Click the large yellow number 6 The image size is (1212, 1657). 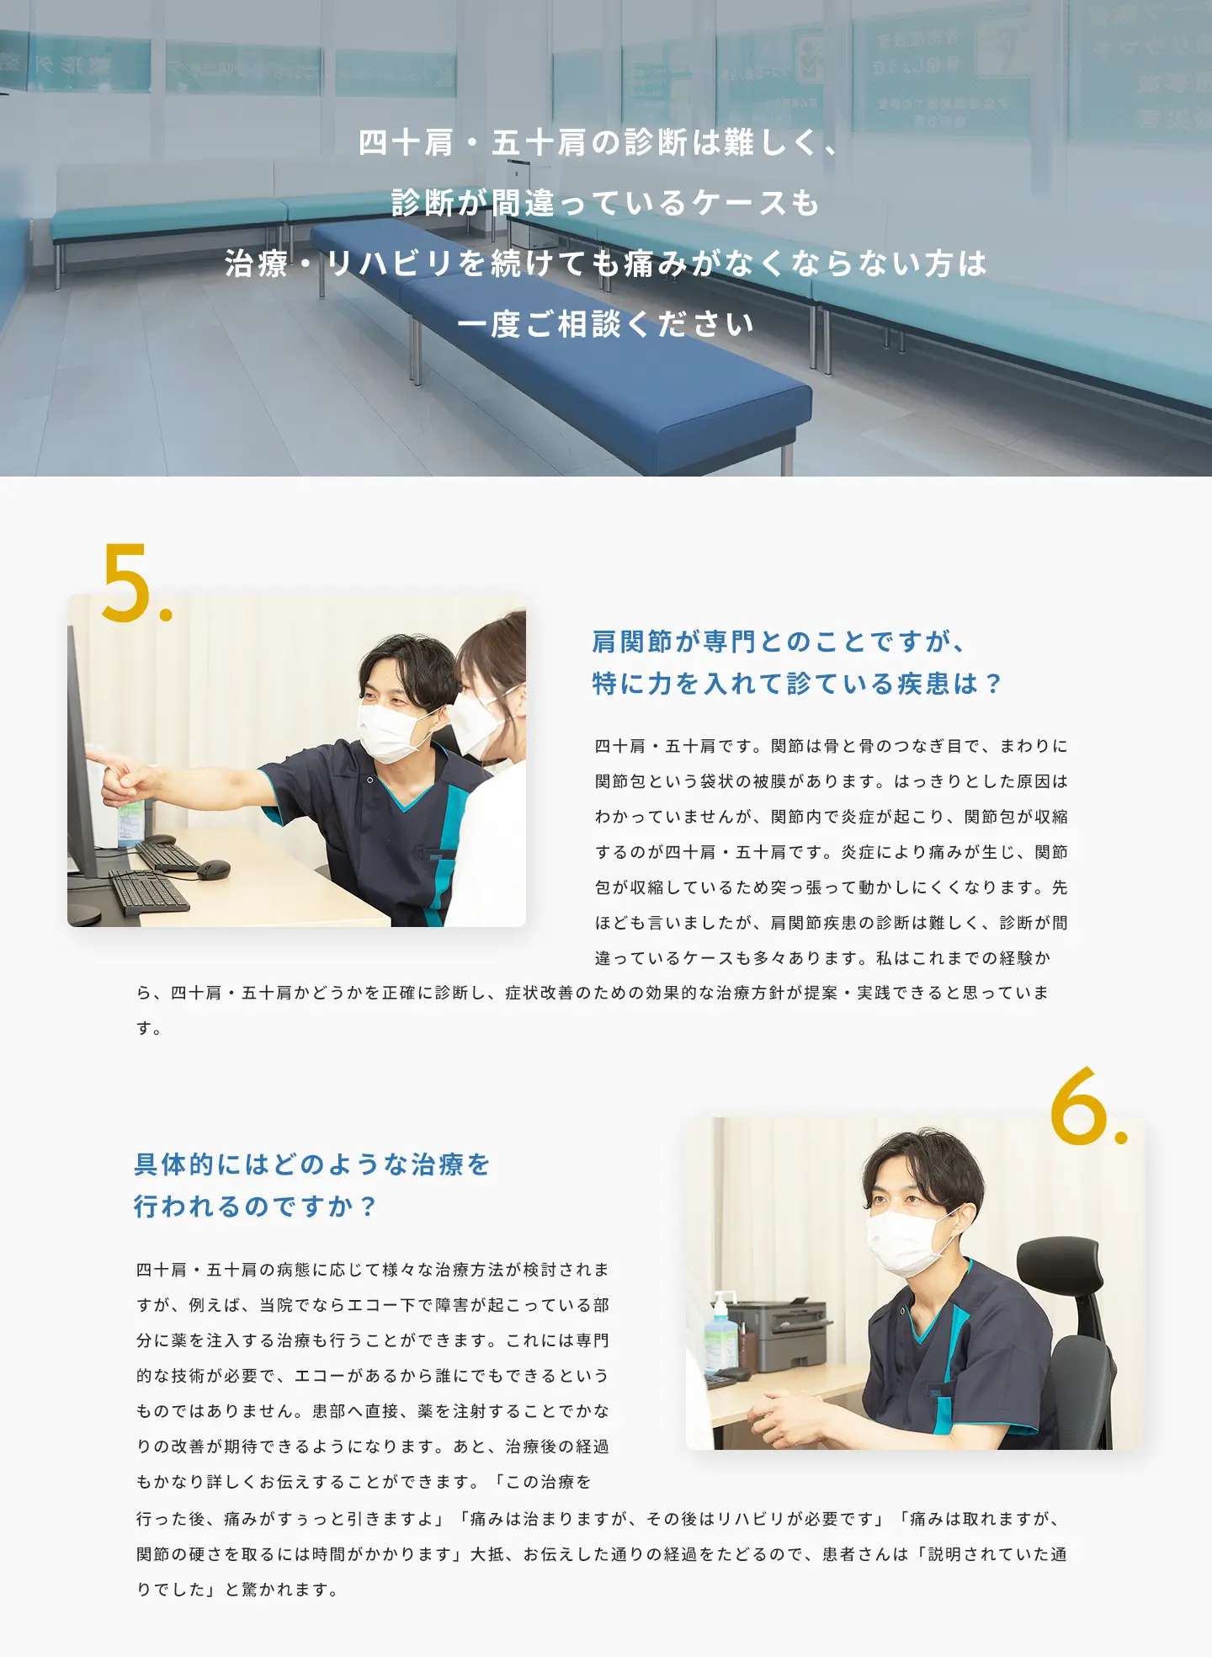[x=1079, y=1106]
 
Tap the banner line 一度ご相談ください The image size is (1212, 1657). [x=605, y=324]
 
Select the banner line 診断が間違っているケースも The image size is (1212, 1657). [x=605, y=203]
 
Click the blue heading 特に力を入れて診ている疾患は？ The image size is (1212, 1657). [x=797, y=683]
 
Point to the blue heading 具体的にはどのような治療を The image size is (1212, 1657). [x=312, y=1164]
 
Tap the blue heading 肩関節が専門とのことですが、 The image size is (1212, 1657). [x=779, y=642]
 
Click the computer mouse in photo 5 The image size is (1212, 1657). [x=213, y=869]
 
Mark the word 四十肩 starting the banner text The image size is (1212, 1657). [x=406, y=142]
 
